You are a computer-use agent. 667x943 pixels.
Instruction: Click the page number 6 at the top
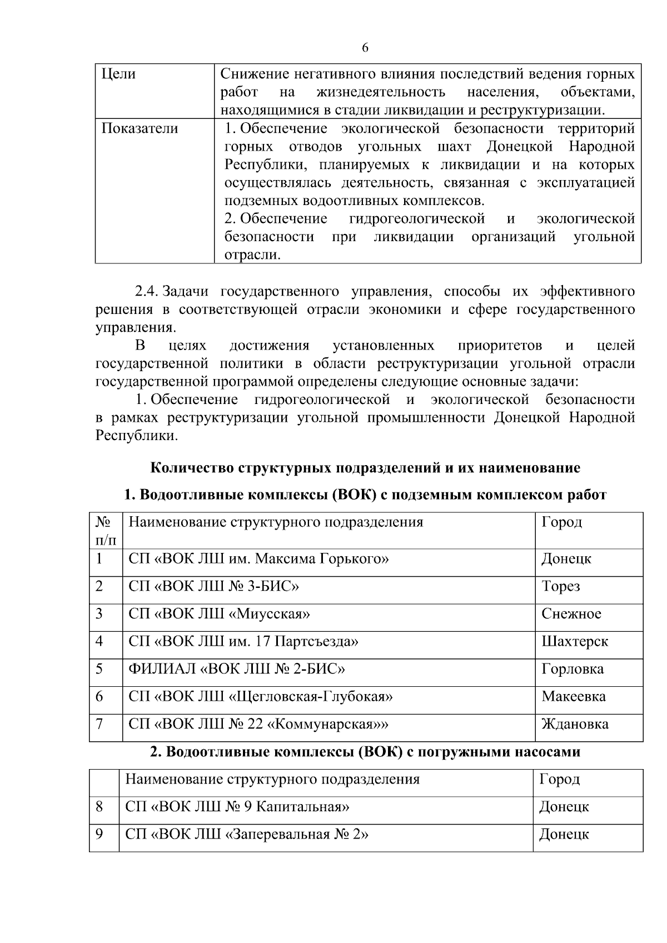(365, 48)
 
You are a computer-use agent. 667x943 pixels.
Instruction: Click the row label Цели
(118, 74)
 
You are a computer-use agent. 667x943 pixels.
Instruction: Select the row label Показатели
(140, 128)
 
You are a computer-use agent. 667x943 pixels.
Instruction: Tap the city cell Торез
(560, 586)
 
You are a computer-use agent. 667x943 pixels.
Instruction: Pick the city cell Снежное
(571, 613)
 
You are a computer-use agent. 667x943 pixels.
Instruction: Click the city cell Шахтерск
(574, 641)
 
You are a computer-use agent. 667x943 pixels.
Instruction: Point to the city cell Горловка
(572, 668)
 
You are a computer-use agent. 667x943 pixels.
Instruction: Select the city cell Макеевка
(573, 696)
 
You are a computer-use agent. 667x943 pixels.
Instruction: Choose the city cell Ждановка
(575, 724)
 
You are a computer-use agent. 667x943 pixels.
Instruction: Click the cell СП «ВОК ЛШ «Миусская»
(219, 613)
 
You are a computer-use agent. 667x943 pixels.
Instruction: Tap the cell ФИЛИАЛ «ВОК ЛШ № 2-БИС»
(236, 668)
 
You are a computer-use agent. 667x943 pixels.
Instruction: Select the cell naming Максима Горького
(258, 558)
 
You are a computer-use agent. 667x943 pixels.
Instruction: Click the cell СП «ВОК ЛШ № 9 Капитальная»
(237, 806)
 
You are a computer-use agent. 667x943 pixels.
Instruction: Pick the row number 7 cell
(99, 724)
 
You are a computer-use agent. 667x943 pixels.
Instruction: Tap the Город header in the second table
(559, 779)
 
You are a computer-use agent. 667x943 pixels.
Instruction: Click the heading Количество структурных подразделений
(365, 468)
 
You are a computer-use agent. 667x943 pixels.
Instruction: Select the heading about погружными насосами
(365, 752)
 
